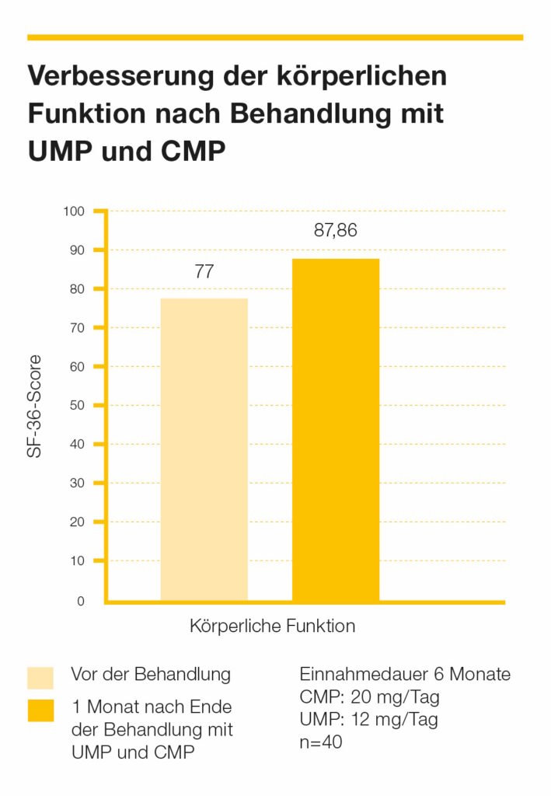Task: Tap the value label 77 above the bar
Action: [204, 273]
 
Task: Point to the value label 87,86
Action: [336, 231]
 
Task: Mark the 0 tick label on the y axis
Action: [80, 601]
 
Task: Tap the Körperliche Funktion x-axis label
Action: [272, 626]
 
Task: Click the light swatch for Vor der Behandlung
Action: [40, 677]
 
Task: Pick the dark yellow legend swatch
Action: [40, 710]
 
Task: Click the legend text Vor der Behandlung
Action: [151, 674]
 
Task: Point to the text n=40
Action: [321, 742]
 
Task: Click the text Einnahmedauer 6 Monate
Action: [405, 674]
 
